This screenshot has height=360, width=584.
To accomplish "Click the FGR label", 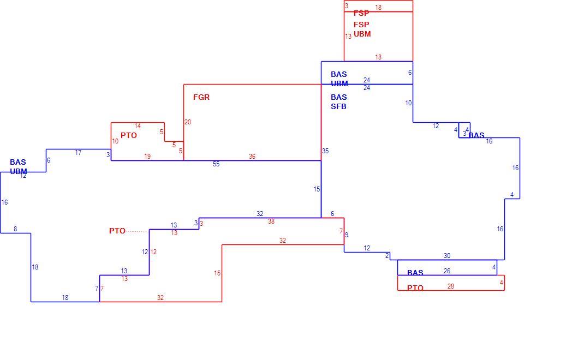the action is (x=201, y=97).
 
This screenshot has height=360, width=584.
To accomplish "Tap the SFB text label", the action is (x=338, y=106).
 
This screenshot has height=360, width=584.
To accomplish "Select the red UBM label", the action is (x=362, y=34).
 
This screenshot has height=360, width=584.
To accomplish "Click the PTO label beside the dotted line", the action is (x=117, y=231).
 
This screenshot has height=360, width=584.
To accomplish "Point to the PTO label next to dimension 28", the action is (x=415, y=288).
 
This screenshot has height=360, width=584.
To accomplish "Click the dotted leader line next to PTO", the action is (x=138, y=232).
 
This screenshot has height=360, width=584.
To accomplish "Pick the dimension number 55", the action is (x=216, y=164).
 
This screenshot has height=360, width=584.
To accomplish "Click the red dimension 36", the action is (x=252, y=157).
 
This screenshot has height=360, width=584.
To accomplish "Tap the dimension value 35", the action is (x=325, y=151).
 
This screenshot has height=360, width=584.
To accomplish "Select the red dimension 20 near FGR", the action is (x=187, y=122).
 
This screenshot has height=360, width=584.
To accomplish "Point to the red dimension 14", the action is (x=138, y=126).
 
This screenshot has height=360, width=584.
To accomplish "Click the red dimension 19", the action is (x=147, y=157).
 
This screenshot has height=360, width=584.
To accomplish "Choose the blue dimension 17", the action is (x=78, y=153).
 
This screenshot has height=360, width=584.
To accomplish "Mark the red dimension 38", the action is (x=271, y=221).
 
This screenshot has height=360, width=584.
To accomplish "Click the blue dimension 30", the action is (x=447, y=256).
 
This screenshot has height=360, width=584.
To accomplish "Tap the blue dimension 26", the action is (x=447, y=271).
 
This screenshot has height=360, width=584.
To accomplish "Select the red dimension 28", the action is (x=451, y=286).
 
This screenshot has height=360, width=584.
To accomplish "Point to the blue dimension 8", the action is (x=15, y=229).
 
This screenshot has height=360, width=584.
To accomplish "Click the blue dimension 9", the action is (x=347, y=235).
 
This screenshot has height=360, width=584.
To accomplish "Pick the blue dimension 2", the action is (x=387, y=256).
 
